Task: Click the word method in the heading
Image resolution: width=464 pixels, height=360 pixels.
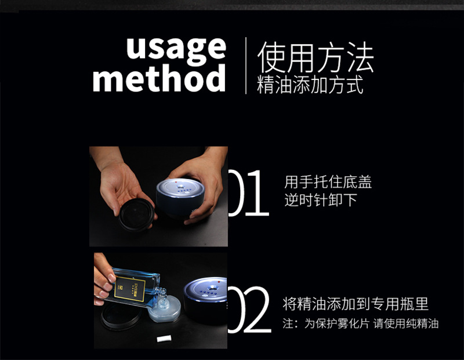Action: [159, 79]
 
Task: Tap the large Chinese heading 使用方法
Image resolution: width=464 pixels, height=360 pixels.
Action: [316, 57]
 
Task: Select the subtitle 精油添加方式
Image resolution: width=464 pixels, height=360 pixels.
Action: [310, 85]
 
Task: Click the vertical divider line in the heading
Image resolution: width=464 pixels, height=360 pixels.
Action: [246, 65]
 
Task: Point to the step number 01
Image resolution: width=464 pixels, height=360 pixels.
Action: [248, 194]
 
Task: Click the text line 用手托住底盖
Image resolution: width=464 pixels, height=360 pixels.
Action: [328, 183]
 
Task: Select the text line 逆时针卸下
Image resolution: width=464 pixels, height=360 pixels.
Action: [320, 201]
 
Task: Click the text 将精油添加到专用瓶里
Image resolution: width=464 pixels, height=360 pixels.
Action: [356, 304]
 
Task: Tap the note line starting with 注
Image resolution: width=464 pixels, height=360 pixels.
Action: [360, 323]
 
